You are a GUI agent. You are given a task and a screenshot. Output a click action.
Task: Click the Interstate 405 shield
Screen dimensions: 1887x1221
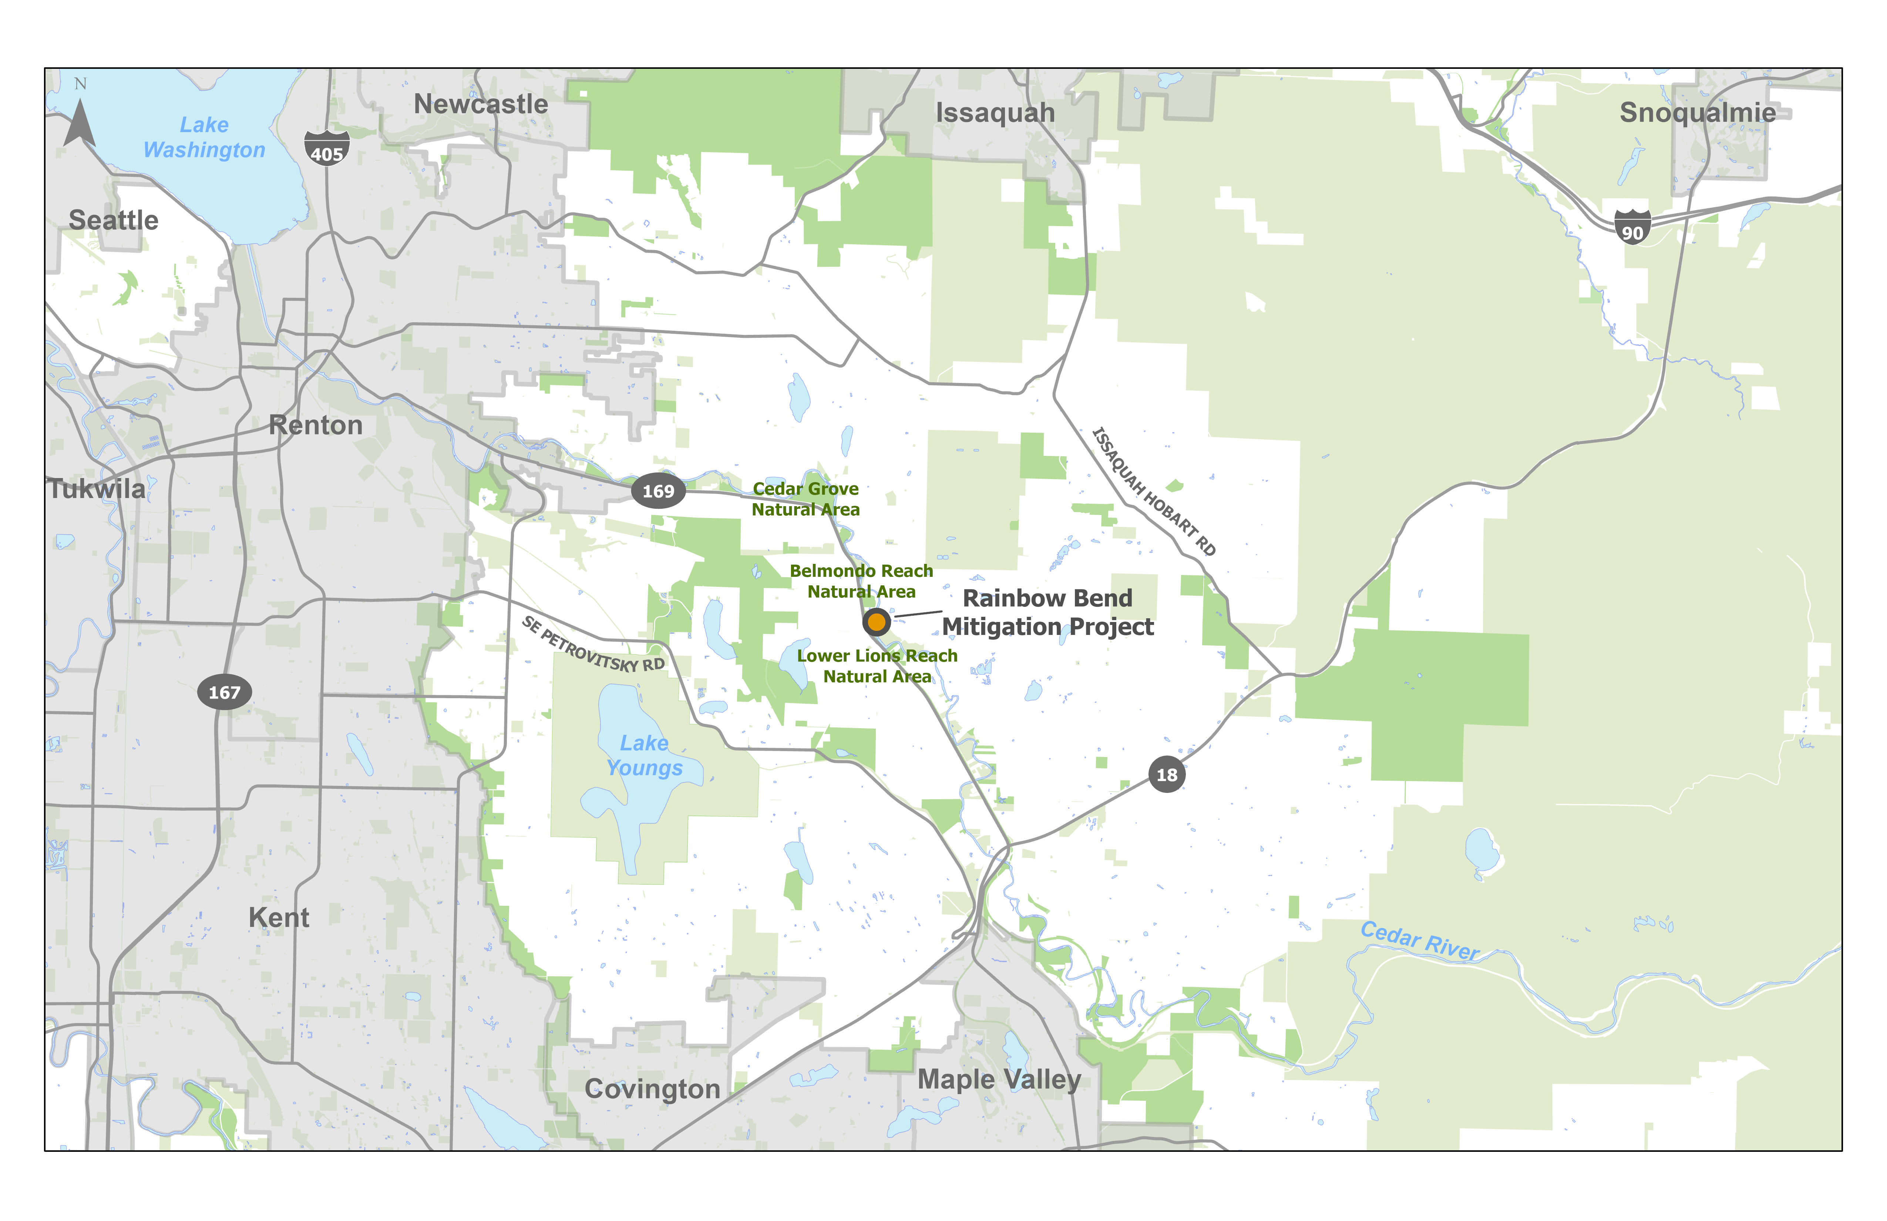coord(327,148)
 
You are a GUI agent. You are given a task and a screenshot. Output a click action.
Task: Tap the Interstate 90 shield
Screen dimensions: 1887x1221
coord(1632,227)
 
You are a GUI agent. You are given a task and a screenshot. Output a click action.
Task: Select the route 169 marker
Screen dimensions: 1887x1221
coord(658,491)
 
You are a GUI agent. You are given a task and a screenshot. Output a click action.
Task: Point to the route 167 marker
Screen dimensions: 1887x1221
coord(224,692)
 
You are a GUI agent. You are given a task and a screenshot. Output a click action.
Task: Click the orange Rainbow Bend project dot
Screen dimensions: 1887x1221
coord(876,622)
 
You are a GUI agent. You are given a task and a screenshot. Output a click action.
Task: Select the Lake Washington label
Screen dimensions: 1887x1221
coord(205,137)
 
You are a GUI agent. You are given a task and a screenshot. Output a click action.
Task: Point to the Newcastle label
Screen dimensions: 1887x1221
coord(481,104)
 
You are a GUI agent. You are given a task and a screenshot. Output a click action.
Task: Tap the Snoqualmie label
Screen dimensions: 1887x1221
coord(1698,112)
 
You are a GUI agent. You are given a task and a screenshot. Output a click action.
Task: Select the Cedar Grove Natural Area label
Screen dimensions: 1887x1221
coord(805,499)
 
